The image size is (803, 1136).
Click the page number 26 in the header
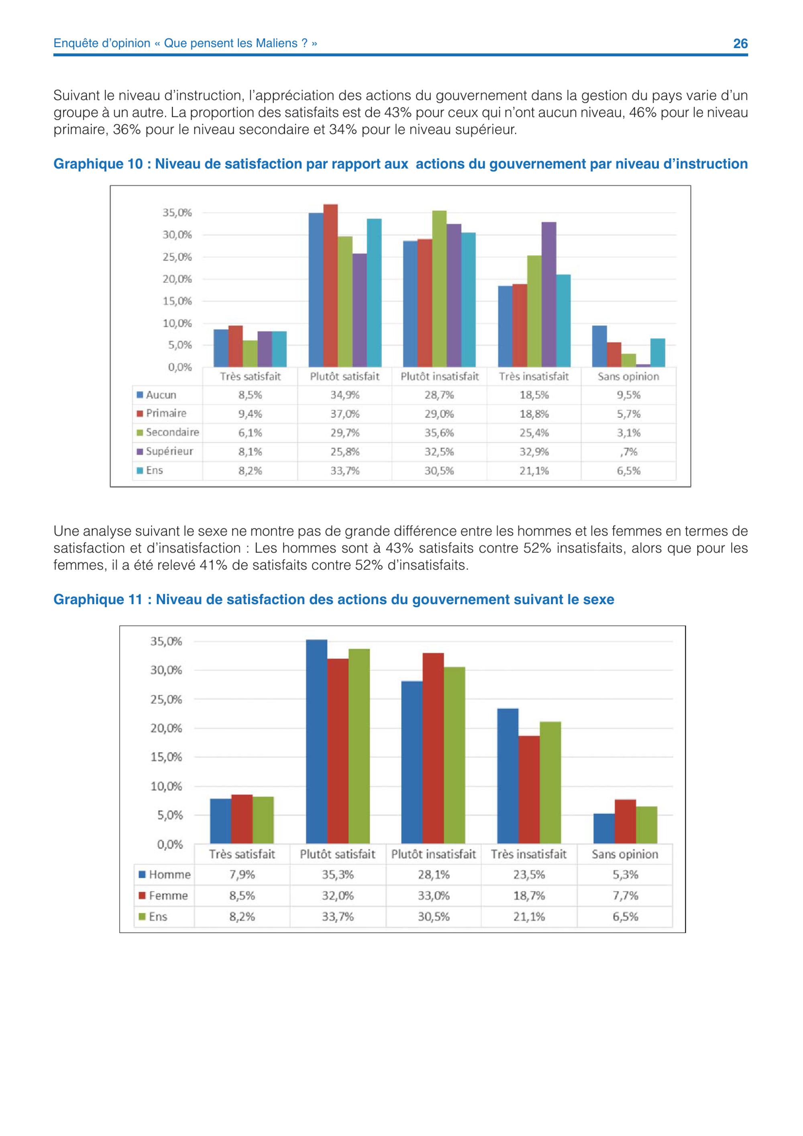pos(740,43)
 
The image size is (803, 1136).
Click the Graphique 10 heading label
pos(401,164)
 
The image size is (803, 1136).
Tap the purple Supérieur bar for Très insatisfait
pos(549,294)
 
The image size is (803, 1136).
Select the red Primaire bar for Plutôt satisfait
pos(331,286)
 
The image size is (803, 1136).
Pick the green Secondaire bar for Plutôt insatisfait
pos(440,289)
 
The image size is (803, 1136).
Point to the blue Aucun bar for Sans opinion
pos(600,346)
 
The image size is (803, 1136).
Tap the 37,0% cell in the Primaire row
pos(344,414)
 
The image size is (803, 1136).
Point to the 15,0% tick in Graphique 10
pos(177,301)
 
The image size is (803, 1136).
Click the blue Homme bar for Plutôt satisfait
pos(316,742)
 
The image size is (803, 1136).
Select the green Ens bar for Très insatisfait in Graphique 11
pos(550,783)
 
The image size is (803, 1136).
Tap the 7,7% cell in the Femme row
pos(626,895)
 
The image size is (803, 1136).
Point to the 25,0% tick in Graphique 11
pos(167,700)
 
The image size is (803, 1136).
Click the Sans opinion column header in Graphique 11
pos(625,854)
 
